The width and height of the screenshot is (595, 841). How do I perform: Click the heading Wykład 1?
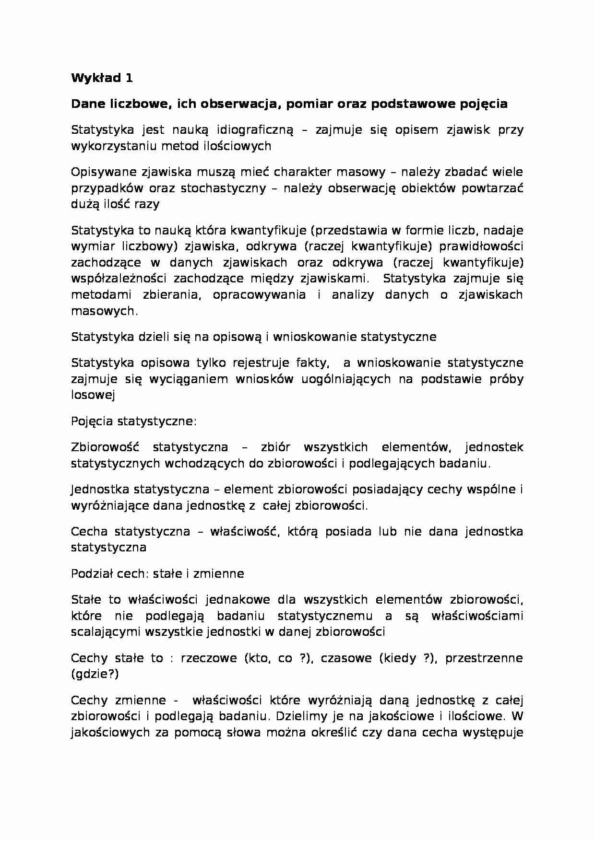pyautogui.click(x=102, y=78)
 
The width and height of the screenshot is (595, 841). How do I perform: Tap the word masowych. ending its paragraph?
pyautogui.click(x=104, y=312)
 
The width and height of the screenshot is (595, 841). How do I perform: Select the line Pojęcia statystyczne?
pyautogui.click(x=134, y=421)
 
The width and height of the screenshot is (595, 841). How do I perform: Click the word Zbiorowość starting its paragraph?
pyautogui.click(x=105, y=447)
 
